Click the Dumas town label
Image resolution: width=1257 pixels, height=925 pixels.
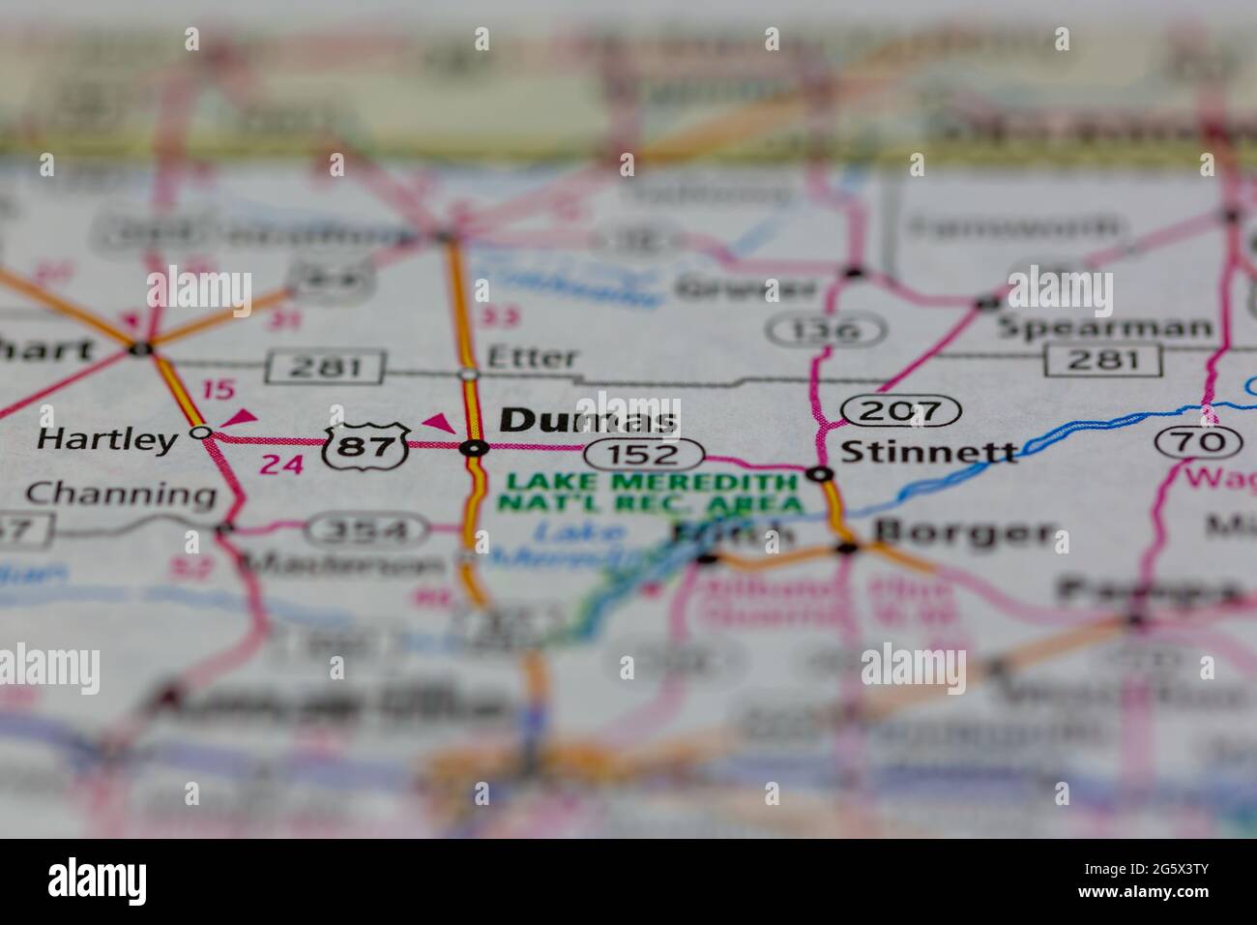tap(588, 420)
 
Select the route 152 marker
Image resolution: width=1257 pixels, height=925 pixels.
tap(643, 453)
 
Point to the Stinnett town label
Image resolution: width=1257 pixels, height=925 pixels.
tap(929, 451)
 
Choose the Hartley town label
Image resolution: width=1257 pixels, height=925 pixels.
tap(106, 440)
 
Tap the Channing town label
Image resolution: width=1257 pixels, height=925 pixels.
tap(120, 494)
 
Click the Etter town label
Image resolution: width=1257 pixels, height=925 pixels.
tap(532, 358)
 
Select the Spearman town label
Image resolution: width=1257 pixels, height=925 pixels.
tap(1104, 327)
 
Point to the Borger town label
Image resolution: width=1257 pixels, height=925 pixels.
tap(963, 532)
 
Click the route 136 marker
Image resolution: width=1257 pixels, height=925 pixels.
tap(828, 330)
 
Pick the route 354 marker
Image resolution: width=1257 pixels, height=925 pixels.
tap(369, 529)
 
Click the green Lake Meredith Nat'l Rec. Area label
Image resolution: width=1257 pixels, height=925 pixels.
tap(649, 492)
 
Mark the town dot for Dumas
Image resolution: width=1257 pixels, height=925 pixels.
tap(474, 447)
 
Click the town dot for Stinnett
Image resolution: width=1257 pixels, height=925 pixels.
tap(820, 474)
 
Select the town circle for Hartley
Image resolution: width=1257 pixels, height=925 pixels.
tap(200, 433)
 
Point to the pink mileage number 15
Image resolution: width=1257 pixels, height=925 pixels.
tap(219, 390)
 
